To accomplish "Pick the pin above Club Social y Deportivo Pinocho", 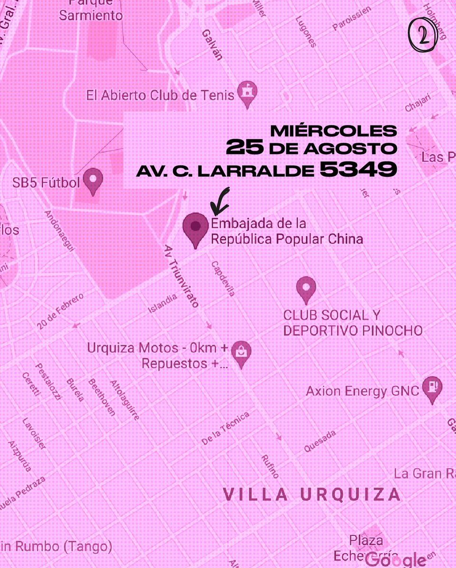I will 306,289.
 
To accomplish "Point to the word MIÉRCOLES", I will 333,130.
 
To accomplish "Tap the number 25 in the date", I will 245,148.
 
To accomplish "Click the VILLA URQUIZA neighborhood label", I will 312,495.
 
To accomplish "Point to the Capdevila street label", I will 223,279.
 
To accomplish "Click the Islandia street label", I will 163,303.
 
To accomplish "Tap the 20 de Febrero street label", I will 61,311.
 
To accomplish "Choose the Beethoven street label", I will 102,397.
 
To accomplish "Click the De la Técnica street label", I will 225,428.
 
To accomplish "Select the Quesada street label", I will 320,441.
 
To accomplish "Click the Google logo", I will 396,559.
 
